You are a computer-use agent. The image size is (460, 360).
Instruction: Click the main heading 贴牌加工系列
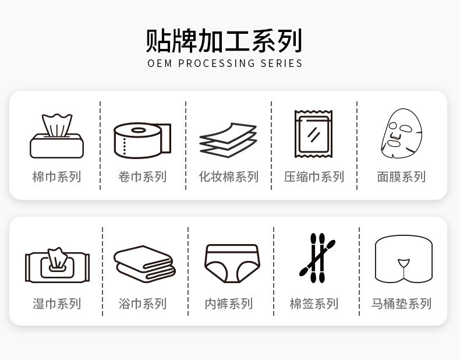(x=224, y=41)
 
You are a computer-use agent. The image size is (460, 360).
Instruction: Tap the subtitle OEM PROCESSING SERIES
(x=225, y=63)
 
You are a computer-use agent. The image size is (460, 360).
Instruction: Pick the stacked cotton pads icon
(x=228, y=140)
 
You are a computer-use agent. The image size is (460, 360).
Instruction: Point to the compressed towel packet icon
(x=313, y=135)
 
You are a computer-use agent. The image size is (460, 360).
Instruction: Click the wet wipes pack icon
(x=56, y=265)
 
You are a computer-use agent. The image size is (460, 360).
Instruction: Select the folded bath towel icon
(x=144, y=264)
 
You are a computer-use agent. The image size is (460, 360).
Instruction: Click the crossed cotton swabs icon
(x=316, y=258)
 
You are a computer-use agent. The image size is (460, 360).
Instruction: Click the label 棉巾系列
(x=56, y=177)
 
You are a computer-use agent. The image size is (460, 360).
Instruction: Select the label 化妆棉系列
(x=228, y=177)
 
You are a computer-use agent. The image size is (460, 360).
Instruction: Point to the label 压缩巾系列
(x=314, y=177)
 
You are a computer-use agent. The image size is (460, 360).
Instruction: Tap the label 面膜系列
(x=401, y=177)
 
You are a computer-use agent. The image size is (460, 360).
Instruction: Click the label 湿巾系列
(x=56, y=303)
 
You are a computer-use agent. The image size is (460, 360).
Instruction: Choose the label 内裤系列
(x=228, y=303)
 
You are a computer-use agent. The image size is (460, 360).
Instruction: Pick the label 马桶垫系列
(x=401, y=303)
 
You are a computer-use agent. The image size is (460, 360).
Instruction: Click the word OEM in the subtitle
(x=160, y=63)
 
